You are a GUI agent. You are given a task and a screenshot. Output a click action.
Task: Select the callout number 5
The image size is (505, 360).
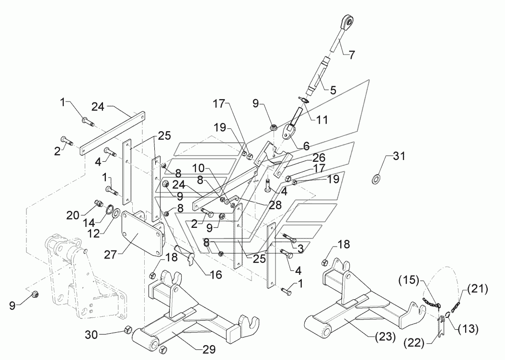click(x=333, y=90)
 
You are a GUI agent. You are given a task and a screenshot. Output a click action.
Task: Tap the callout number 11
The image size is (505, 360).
click(x=322, y=120)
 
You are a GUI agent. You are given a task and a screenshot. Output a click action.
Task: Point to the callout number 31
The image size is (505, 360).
click(x=399, y=157)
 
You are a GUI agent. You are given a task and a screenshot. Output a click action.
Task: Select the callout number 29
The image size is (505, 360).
click(x=209, y=349)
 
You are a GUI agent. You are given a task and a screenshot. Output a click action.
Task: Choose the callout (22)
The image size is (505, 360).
click(x=414, y=343)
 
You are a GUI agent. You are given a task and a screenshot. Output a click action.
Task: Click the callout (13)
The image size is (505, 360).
click(x=468, y=328)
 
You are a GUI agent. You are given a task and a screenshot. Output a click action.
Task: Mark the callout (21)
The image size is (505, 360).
click(x=477, y=289)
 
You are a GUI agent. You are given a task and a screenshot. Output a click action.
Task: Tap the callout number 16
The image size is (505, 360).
click(x=216, y=274)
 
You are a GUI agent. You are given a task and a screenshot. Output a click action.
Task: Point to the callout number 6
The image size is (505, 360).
click(x=306, y=146)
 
